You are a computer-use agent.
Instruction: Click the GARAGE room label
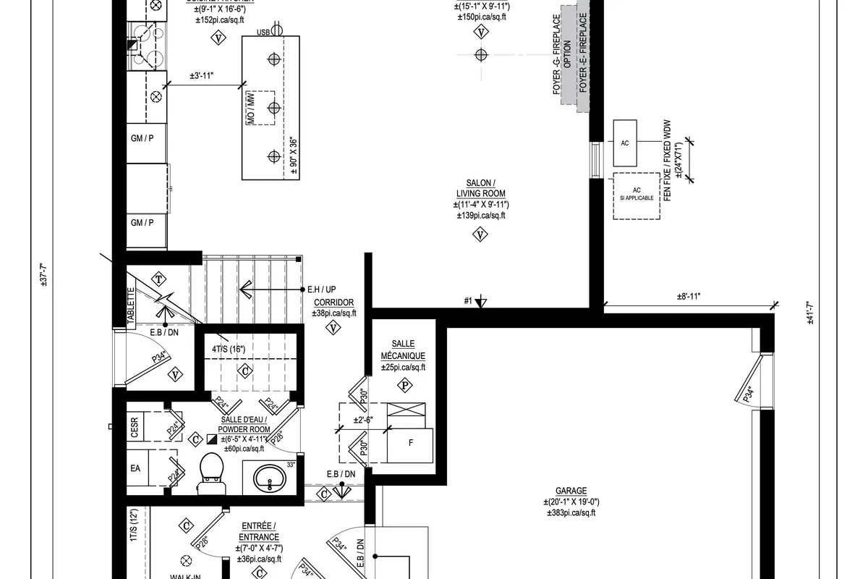coord(571,490)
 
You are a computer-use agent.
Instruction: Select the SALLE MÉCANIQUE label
coord(403,350)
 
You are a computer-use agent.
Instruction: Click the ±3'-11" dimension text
coord(202,75)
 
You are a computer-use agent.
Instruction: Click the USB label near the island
coord(265,33)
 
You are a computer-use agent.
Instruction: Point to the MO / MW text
coord(250,109)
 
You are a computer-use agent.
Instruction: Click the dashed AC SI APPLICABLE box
coord(637,195)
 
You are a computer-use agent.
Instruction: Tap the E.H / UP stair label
coord(321,289)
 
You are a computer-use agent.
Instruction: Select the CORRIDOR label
coord(333,303)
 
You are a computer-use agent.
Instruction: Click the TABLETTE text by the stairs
coord(131,306)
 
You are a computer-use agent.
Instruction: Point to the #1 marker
coord(468,300)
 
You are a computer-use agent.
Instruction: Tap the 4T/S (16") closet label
coord(229,350)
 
